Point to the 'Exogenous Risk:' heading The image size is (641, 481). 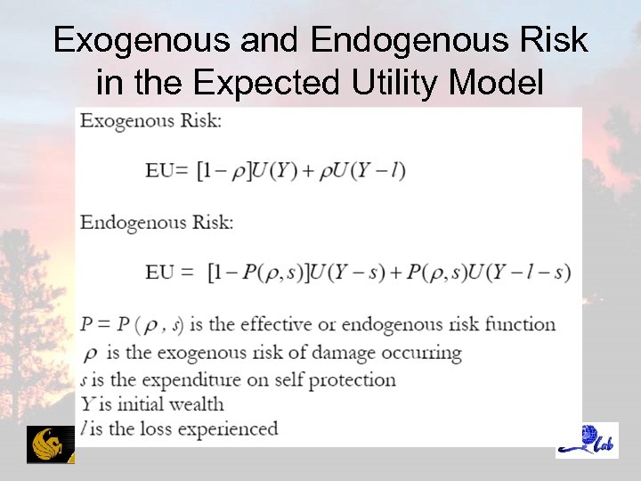tap(150, 120)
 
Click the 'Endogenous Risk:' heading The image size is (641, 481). tap(157, 223)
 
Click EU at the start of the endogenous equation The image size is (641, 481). tap(160, 273)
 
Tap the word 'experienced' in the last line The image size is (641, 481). tap(228, 429)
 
